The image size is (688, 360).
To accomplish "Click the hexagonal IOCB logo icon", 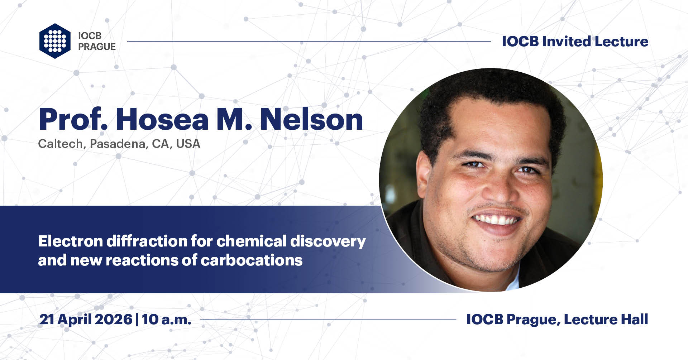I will pyautogui.click(x=55, y=41).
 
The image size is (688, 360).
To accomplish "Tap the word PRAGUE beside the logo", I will pyautogui.click(x=97, y=47).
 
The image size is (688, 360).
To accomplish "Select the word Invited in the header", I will pyautogui.click(x=566, y=42).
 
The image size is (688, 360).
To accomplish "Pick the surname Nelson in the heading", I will pyautogui.click(x=311, y=119).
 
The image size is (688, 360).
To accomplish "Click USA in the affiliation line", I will pyautogui.click(x=188, y=144).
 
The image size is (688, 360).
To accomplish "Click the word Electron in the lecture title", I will pyautogui.click(x=70, y=241).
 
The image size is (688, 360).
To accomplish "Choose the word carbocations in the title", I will pyautogui.click(x=252, y=260).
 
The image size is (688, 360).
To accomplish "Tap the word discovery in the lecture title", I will pyautogui.click(x=328, y=242).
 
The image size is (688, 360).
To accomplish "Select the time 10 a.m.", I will pyautogui.click(x=166, y=320).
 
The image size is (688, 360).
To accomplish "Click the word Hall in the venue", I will pyautogui.click(x=634, y=319).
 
